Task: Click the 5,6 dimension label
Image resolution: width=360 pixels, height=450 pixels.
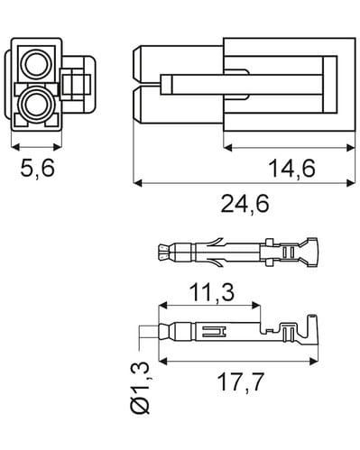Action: (x=38, y=168)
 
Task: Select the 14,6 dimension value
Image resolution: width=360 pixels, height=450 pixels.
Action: (x=291, y=168)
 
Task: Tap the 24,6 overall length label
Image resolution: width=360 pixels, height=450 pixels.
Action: (x=245, y=204)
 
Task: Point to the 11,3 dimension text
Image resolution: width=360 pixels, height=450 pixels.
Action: (x=212, y=292)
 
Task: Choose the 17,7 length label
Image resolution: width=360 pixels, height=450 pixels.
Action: (x=241, y=381)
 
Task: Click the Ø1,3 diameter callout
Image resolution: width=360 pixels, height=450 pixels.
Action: (x=140, y=388)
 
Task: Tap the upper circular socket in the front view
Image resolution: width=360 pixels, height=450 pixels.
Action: (x=35, y=64)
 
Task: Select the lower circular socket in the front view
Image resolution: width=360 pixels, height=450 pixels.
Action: (x=35, y=105)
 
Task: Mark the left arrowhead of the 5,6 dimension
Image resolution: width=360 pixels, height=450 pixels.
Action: (x=15, y=147)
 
